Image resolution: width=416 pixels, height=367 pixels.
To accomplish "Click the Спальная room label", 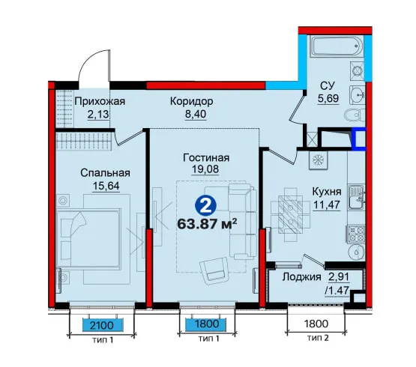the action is tap(106, 173).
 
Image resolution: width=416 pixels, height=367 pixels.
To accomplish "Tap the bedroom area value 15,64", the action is tap(106, 186).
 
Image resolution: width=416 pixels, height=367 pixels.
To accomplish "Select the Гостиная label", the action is tap(206, 158).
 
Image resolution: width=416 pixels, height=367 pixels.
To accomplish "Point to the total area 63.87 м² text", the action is tap(207, 224).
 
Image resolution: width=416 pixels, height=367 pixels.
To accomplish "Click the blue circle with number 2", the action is tap(205, 206).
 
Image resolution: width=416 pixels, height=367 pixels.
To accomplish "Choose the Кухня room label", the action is tap(327, 192).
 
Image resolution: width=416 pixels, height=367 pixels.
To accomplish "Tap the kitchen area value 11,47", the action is tap(327, 204).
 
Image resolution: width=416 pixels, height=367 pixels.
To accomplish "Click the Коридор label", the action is tap(192, 101).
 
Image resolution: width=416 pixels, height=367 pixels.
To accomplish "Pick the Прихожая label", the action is tap(100, 101).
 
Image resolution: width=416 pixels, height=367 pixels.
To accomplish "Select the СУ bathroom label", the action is tap(328, 85).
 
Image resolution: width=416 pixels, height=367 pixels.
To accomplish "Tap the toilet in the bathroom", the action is tap(355, 115).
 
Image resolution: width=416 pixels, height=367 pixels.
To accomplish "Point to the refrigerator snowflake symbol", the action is tap(317, 160).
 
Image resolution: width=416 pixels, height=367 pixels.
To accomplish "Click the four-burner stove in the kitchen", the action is tap(355, 234).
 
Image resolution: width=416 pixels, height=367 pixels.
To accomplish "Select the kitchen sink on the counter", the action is tap(357, 197).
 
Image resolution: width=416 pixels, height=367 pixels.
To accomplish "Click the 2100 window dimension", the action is tap(102, 325).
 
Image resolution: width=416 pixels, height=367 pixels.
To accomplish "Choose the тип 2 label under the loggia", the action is tap(318, 338).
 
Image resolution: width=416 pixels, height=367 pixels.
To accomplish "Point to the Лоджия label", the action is tap(301, 277).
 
